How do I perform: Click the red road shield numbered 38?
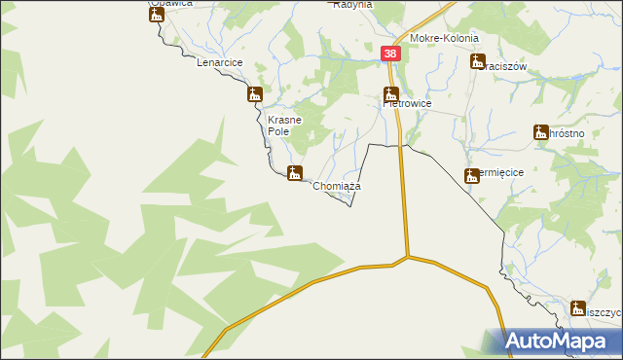pyautogui.click(x=390, y=55)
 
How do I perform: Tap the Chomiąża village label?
pyautogui.click(x=337, y=185)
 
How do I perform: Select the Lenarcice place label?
pyautogui.click(x=219, y=62)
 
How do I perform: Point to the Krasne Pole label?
pyautogui.click(x=285, y=126)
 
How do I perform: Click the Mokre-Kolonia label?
pyautogui.click(x=444, y=38)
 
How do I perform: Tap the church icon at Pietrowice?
pyautogui.click(x=391, y=95)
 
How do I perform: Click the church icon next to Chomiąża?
pyautogui.click(x=294, y=172)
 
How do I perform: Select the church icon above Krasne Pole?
pyautogui.click(x=255, y=94)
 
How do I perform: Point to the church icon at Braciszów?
pyautogui.click(x=477, y=61)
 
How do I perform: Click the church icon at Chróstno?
pyautogui.click(x=541, y=132)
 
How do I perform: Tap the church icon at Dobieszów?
pyautogui.click(x=473, y=175)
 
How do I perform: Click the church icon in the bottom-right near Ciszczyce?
pyautogui.click(x=579, y=307)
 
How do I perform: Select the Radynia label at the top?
pyautogui.click(x=353, y=5)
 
